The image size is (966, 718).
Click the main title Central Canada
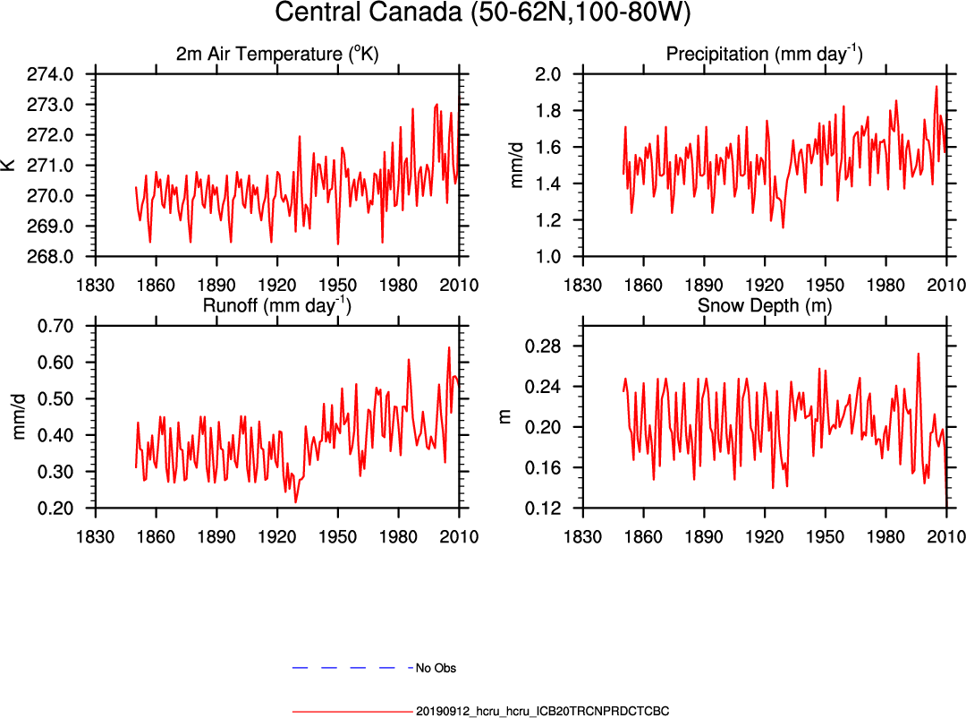tap(483, 13)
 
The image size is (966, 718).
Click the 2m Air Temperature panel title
tap(276, 55)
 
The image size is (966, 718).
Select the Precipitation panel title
tap(764, 55)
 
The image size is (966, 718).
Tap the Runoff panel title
tap(276, 306)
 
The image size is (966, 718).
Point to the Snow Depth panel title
tap(764, 306)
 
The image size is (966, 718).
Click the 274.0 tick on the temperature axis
tap(55, 74)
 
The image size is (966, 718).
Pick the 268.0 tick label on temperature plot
tap(55, 257)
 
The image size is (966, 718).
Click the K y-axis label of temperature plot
tap(9, 165)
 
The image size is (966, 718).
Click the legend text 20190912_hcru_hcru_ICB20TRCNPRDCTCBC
tap(542, 712)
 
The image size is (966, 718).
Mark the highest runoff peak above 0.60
tap(449, 347)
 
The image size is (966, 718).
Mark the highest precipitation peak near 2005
tap(936, 87)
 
